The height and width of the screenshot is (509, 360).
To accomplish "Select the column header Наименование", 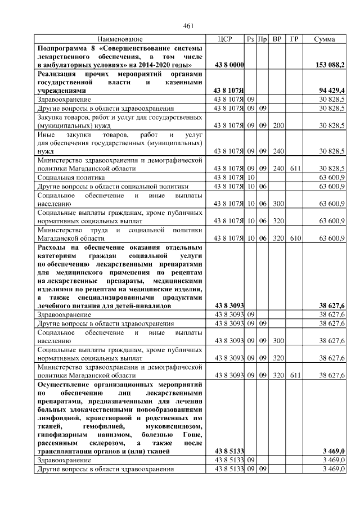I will (x=119, y=39).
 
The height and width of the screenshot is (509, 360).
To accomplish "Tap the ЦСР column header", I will (x=224, y=39).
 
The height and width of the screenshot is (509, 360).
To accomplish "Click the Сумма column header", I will (x=325, y=39).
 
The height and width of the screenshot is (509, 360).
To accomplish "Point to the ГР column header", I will (x=294, y=39).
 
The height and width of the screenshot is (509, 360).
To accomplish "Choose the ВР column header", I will (x=277, y=39).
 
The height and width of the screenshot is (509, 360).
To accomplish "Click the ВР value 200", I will (x=277, y=125).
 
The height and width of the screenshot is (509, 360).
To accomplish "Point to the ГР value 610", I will (x=294, y=238).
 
